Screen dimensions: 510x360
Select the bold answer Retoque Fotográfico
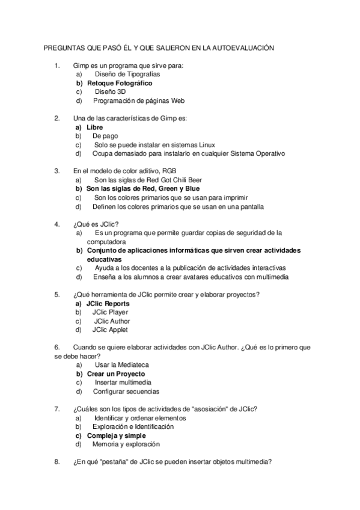point(120,83)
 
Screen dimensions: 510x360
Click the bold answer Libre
point(95,127)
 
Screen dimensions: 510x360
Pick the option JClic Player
point(110,312)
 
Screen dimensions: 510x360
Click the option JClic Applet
point(110,330)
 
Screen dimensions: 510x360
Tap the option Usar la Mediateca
point(122,365)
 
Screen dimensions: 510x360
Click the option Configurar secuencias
point(126,392)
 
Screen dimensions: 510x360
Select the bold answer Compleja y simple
point(117,435)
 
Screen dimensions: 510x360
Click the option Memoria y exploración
point(126,444)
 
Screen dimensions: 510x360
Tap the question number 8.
point(56,462)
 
